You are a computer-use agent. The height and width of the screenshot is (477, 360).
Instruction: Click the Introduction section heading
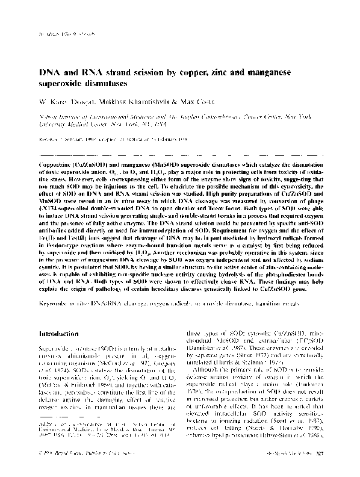tap(65, 333)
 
